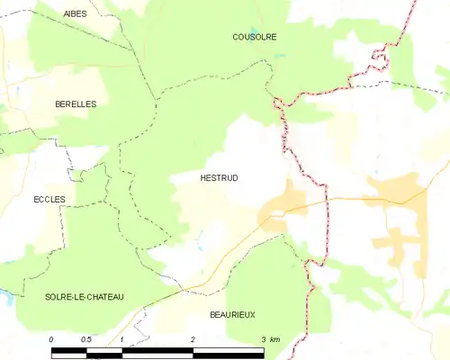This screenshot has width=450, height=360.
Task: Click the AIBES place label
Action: [x=76, y=13]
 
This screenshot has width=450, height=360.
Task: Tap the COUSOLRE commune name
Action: [x=254, y=37]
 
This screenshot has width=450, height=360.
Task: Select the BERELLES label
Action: [x=76, y=104]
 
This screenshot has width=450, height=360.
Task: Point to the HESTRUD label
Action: [x=219, y=178]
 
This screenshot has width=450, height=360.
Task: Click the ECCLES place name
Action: [x=49, y=199]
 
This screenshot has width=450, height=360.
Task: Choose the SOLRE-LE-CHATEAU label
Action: [x=85, y=297]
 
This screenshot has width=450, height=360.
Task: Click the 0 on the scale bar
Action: [x=51, y=339]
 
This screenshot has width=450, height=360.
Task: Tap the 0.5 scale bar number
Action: [x=85, y=339]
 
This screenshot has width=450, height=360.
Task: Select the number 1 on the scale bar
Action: [x=121, y=339]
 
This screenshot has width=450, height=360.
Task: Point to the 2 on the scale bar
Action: [x=193, y=339]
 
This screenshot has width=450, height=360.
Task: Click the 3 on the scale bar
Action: [x=263, y=339]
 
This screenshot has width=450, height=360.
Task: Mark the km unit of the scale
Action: [x=275, y=339]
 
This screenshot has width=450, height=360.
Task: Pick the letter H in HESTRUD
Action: [x=202, y=178]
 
